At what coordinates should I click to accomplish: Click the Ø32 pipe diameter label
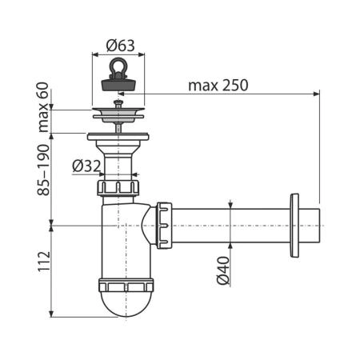(86, 166)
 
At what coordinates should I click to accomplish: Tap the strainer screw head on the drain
(118, 102)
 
